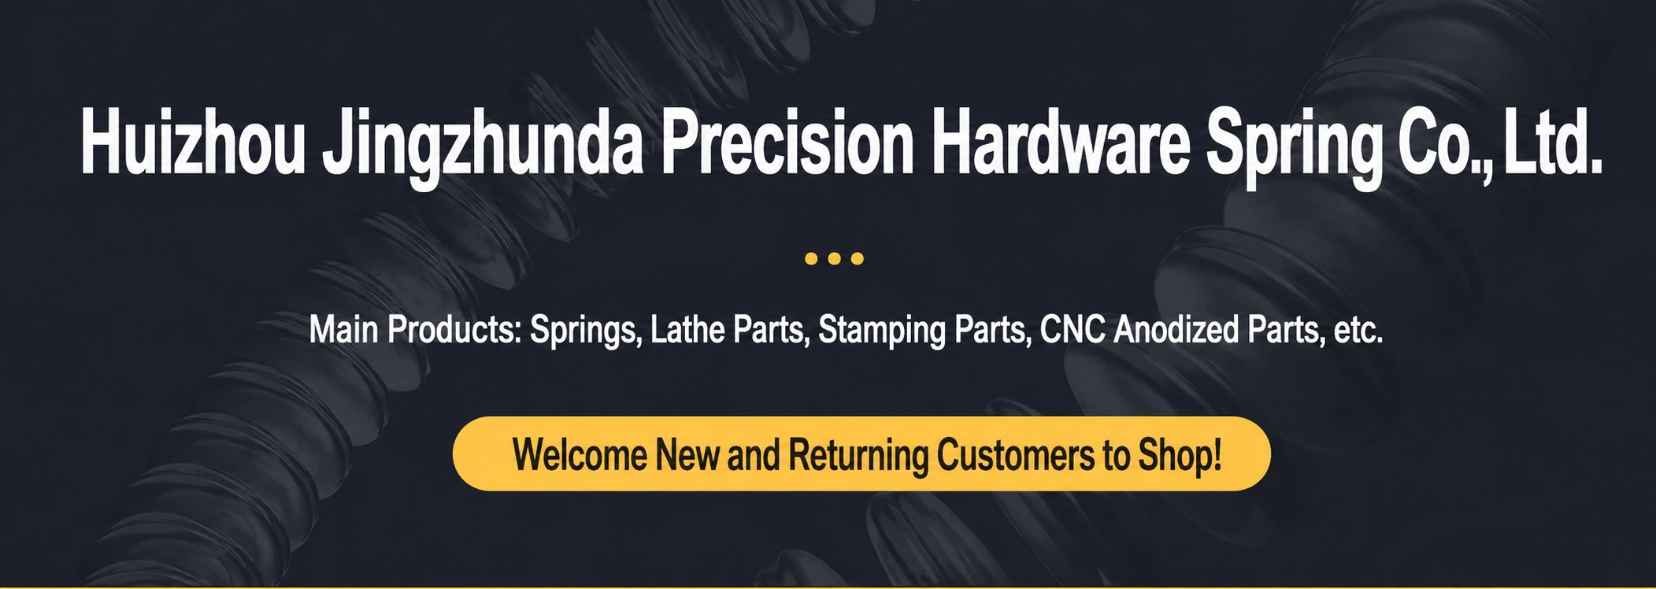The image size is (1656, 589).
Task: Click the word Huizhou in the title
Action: tap(193, 142)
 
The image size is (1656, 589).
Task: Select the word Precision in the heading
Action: tap(787, 142)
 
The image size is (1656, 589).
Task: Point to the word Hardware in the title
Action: tap(1061, 142)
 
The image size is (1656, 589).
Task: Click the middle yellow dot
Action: tap(835, 258)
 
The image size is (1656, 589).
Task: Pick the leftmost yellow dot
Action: tap(811, 258)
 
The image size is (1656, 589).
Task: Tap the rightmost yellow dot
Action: tap(858, 258)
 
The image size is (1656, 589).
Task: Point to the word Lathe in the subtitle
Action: tap(686, 329)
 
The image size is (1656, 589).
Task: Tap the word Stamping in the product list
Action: tap(882, 331)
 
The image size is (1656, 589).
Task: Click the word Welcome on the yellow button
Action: tap(580, 455)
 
